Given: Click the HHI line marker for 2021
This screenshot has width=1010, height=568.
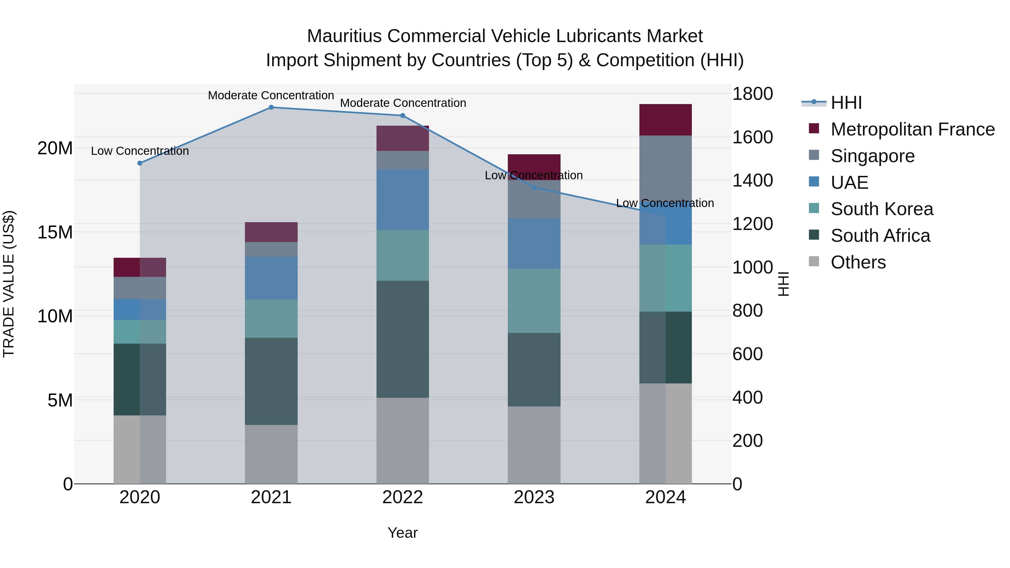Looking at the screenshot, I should [271, 107].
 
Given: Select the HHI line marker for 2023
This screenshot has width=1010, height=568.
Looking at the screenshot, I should [534, 187].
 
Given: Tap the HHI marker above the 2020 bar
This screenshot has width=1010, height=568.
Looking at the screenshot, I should [140, 163].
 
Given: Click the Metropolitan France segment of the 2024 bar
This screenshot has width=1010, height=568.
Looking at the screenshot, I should [665, 120].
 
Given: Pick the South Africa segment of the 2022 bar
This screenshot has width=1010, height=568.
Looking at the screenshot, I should [402, 339].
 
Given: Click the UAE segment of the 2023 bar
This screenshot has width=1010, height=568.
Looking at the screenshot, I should [534, 243].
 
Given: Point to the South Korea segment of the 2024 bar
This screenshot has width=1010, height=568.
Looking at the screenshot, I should [665, 278].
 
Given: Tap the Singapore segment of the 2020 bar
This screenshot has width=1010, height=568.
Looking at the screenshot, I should [140, 288].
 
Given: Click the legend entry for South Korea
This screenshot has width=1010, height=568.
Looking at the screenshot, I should [882, 209].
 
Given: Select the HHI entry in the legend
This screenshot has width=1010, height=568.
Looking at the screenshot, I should [846, 103].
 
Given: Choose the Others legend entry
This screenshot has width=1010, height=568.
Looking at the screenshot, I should [858, 262].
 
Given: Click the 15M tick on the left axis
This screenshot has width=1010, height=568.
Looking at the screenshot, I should [55, 232].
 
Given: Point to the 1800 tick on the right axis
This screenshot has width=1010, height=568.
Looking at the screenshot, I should [752, 94].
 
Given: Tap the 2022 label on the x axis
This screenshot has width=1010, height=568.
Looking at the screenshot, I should [402, 497].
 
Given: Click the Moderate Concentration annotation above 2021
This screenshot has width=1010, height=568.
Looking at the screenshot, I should [271, 95].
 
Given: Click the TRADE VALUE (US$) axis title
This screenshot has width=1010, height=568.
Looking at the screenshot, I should [9, 284].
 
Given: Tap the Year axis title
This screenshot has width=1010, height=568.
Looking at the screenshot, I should [402, 533].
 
